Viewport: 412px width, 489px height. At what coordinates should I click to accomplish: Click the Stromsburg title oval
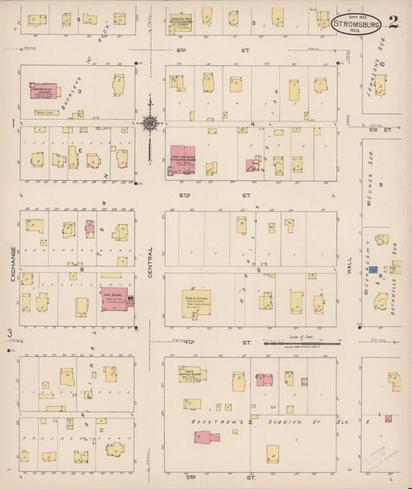pos(356,23)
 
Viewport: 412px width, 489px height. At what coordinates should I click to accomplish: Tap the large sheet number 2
pos(393,21)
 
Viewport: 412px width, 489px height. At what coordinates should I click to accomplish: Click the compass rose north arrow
pos(149,124)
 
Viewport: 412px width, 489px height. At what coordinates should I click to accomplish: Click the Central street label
pos(150,263)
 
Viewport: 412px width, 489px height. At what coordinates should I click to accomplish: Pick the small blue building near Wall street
pos(373,270)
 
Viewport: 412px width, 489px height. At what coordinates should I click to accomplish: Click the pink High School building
pos(114,299)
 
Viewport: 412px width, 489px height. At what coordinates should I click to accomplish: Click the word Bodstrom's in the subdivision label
pos(208,421)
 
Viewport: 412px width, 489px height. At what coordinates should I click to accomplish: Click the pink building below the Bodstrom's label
pos(206,437)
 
